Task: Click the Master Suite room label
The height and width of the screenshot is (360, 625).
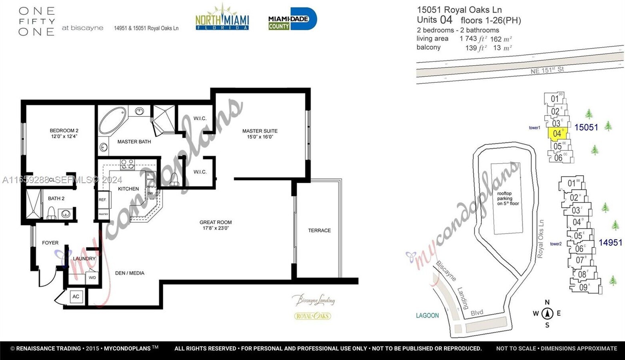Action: coord(260,131)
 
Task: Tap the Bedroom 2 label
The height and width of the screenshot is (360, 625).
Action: coord(64,131)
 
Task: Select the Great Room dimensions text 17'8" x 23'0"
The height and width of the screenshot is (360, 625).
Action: coord(216,228)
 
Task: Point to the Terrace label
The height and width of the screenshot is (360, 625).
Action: coord(319,230)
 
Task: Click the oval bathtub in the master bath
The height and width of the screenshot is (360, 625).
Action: coord(112,120)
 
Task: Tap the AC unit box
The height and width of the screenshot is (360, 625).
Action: coord(76,296)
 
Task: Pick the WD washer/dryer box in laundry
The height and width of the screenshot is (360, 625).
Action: coord(92,277)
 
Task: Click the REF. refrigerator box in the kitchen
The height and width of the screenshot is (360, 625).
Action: coord(103,200)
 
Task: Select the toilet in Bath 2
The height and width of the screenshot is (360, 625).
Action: coord(51,214)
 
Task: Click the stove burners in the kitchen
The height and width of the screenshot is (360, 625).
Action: coord(128,164)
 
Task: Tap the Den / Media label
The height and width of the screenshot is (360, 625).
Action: coord(130,273)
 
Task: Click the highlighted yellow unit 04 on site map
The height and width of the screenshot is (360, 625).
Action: coord(557,134)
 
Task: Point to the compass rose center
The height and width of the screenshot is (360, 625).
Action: coord(547,314)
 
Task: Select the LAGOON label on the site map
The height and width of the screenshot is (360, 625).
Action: coord(427,316)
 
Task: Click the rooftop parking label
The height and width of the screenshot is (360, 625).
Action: coord(507,198)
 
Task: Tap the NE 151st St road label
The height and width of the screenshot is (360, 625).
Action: coord(547,70)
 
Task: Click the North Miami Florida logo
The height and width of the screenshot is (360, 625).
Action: coord(222,18)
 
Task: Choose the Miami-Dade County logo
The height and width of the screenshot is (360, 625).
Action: coord(292,19)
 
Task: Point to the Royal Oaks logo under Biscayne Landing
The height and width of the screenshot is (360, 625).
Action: coord(312,316)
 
